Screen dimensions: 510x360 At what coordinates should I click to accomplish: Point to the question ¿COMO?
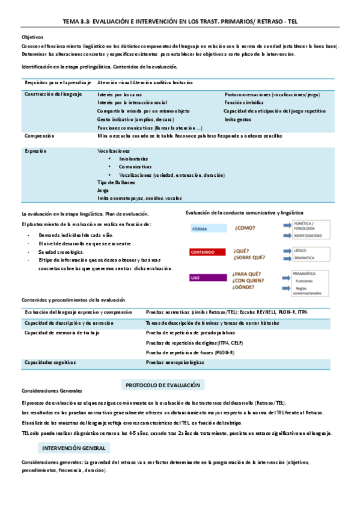click(245, 228)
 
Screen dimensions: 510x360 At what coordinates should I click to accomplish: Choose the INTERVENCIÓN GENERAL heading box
click(74, 448)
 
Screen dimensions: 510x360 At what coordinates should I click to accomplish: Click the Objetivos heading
click(32, 37)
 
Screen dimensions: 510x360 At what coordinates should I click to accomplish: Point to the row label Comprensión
click(40, 136)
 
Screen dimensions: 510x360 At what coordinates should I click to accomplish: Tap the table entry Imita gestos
click(237, 120)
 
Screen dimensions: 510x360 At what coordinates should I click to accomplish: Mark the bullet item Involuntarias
click(133, 159)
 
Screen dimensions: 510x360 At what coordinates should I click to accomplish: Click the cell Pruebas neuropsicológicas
click(175, 363)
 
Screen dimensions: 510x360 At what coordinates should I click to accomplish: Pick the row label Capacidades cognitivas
click(50, 363)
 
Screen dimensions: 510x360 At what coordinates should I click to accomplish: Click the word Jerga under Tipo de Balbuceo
click(104, 190)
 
